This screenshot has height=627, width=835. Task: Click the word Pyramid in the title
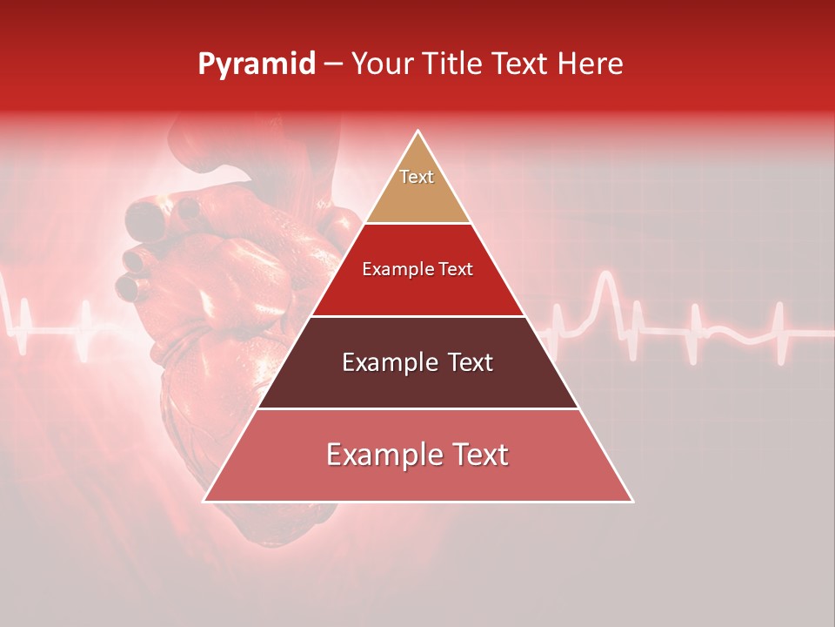[x=256, y=64]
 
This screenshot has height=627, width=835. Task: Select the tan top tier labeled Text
[x=417, y=186]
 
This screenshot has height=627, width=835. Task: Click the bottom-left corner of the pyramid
[x=204, y=501]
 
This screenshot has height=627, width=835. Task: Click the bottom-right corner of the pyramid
[x=632, y=501]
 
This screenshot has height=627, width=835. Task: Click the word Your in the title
[x=379, y=64]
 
